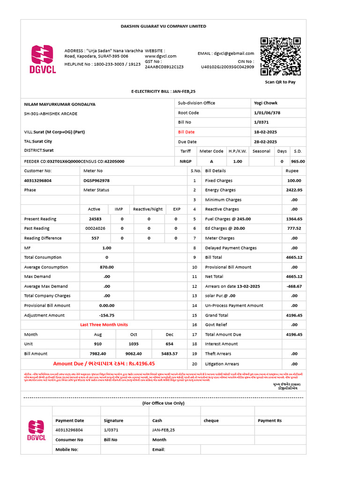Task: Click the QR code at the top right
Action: (280, 57)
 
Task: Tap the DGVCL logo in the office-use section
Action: (37, 430)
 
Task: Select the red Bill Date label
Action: (186, 132)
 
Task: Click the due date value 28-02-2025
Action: (265, 142)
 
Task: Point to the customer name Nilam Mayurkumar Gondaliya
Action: (60, 104)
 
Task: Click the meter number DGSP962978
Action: (97, 180)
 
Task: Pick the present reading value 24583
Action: (95, 219)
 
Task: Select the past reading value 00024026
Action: (95, 228)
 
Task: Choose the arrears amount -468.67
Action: (294, 286)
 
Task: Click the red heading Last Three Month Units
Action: (104, 324)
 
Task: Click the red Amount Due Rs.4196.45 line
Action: (104, 363)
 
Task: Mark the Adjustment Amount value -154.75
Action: (107, 315)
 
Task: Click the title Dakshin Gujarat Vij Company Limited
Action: (163, 26)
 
